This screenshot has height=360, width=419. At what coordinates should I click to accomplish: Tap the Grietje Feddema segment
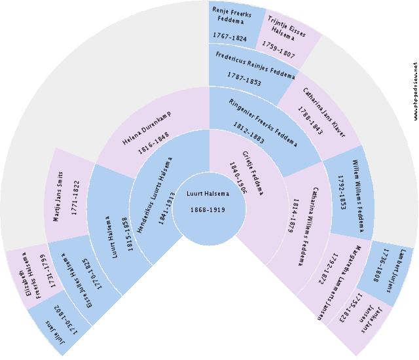point(246,174)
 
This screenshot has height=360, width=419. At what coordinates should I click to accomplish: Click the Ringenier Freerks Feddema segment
point(259,118)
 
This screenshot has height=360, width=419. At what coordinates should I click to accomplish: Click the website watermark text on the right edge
point(414,92)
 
